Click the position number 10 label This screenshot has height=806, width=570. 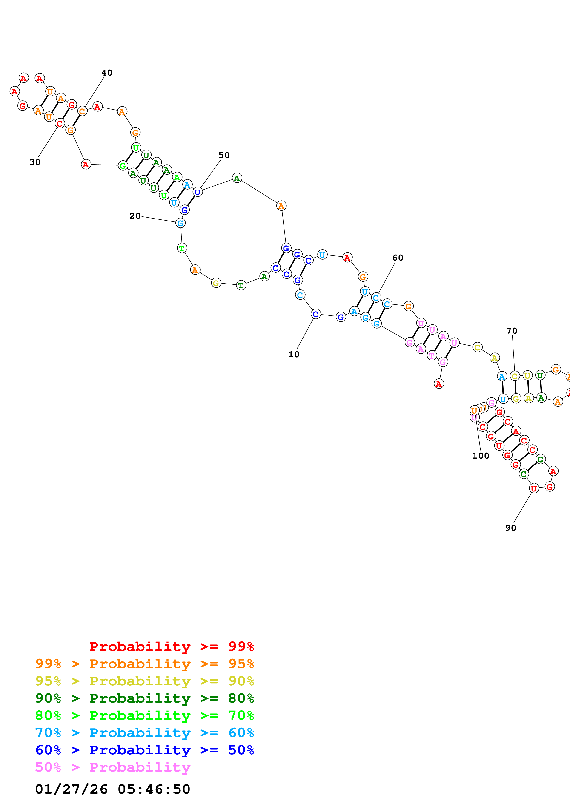click(x=294, y=355)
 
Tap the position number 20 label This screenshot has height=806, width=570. click(x=135, y=216)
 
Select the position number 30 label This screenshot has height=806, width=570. click(x=35, y=162)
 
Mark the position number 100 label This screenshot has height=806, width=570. click(x=481, y=456)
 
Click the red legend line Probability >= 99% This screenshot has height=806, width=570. click(x=171, y=647)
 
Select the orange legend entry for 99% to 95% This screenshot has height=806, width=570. click(x=144, y=664)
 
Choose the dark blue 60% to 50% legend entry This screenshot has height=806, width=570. click(x=144, y=750)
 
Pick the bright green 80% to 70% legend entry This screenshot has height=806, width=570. click(x=144, y=715)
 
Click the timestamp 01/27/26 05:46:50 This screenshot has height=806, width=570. click(x=112, y=789)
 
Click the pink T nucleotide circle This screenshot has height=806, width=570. click(x=432, y=356)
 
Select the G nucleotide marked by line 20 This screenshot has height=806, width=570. click(x=180, y=223)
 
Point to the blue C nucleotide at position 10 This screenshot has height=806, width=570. click(x=316, y=314)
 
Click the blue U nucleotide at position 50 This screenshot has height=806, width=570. click(x=198, y=192)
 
